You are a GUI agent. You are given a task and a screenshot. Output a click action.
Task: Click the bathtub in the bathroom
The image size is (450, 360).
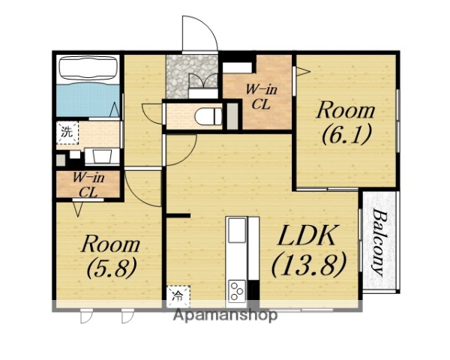[88, 67]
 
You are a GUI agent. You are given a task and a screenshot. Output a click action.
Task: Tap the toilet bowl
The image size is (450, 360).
[208, 116]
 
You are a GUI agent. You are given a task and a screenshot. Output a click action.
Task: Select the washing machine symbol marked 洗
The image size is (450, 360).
[67, 133]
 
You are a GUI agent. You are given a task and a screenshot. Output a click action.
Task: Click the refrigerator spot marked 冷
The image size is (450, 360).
[178, 296]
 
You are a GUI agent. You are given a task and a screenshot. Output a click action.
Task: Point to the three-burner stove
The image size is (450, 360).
[237, 290]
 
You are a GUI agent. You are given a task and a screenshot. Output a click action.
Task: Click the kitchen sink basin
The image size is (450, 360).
[237, 230]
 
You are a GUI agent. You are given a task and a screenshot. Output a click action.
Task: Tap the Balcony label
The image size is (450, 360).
[379, 242]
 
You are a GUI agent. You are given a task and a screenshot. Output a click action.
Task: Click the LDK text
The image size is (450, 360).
[307, 235]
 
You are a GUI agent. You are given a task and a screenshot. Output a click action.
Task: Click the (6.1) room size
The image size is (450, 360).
[346, 134]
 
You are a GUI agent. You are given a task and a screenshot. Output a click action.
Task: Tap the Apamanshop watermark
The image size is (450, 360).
[225, 316]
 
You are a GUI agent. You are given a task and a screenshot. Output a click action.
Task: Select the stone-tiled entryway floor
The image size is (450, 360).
[192, 76]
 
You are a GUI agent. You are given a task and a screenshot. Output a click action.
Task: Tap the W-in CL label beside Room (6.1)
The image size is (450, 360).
[261, 97]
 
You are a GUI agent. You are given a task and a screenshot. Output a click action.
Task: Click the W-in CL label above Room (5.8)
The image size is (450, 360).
[88, 185]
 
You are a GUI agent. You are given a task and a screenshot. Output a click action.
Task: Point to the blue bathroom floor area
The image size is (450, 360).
[88, 98]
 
